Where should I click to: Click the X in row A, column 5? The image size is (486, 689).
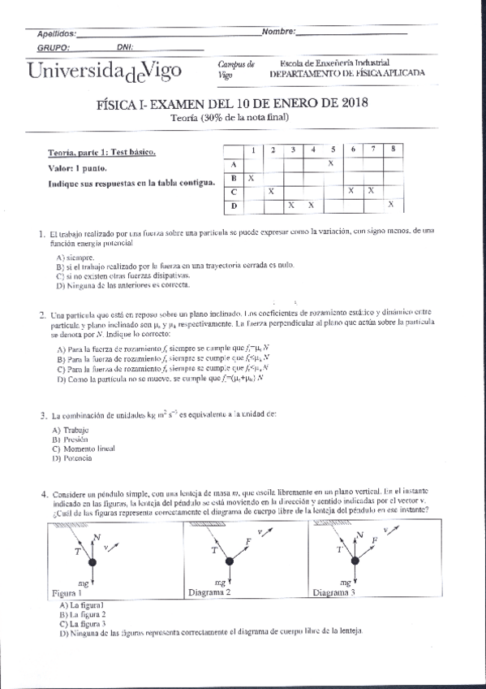click(331, 163)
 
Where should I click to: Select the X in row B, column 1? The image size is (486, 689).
click(252, 177)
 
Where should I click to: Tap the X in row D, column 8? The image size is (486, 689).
click(392, 205)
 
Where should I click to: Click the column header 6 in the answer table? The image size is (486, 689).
click(353, 149)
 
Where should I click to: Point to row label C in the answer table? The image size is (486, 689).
click(233, 192)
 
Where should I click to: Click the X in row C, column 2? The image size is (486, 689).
click(271, 191)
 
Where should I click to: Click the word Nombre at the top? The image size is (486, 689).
click(277, 32)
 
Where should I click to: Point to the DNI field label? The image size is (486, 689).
click(126, 47)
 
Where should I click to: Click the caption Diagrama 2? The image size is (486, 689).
click(210, 592)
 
